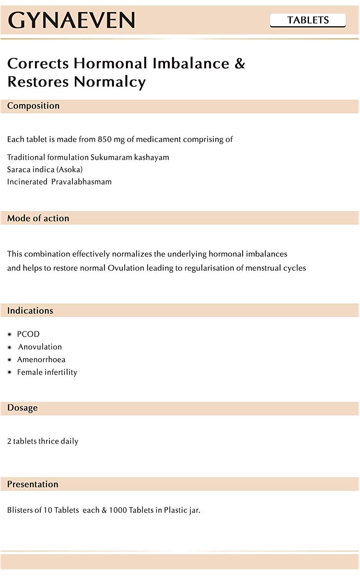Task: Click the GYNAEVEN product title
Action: click(x=71, y=20)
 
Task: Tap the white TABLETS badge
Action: click(x=308, y=20)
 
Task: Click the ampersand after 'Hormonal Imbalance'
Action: click(x=239, y=63)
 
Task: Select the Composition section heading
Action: click(x=33, y=106)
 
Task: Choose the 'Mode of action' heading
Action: click(x=38, y=218)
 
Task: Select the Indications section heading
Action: click(x=30, y=311)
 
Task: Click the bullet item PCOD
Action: click(x=28, y=334)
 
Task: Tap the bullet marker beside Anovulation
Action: click(x=10, y=347)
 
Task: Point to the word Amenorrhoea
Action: click(x=41, y=359)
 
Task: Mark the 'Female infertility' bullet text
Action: click(x=47, y=372)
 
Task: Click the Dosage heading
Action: click(x=22, y=408)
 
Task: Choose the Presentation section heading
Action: click(x=33, y=484)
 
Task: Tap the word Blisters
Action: click(x=20, y=510)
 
